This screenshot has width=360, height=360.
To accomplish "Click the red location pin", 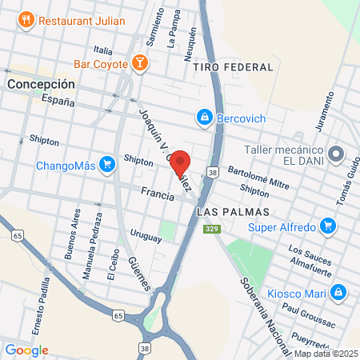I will point(180,160).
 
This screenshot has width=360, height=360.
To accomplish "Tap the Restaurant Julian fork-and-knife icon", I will point(26,18).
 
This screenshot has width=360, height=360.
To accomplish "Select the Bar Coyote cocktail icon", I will point(139,63).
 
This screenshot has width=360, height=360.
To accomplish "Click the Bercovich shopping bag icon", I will point(206,118).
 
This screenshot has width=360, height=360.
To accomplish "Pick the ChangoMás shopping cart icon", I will point(106,166).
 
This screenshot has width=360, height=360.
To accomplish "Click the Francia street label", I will point(156,193).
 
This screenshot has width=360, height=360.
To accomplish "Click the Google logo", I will point(26,350).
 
